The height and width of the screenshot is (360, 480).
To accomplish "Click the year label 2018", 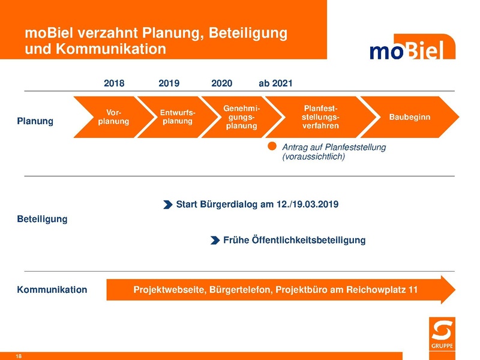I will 114,83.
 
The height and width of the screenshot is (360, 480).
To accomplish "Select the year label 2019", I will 169,83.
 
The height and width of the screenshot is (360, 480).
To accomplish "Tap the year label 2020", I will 222,83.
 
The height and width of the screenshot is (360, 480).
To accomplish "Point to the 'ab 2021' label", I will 275,83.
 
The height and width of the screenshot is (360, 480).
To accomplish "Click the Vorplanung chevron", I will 111,116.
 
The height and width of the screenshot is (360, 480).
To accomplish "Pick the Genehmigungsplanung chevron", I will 240,116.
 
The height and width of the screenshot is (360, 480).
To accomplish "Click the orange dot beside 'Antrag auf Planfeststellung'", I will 272,146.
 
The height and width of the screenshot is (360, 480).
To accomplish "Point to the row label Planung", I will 35,121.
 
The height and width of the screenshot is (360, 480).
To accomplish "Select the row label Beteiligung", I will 42,219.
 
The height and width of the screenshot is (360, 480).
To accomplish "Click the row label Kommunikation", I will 52,290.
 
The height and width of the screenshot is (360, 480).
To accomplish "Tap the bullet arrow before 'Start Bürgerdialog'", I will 167,205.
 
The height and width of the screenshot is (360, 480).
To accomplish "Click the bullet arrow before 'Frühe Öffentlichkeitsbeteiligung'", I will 215,240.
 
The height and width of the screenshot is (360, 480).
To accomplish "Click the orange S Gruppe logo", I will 443,332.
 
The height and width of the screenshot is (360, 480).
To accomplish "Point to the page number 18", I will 19,356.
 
